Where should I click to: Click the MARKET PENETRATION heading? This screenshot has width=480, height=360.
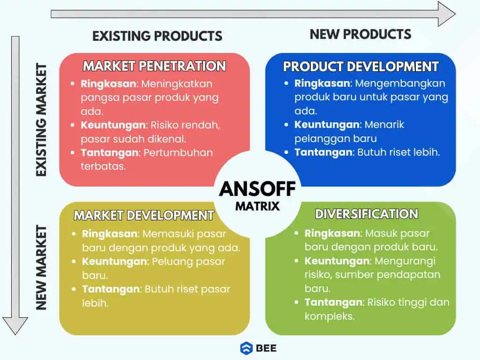tap(154, 66)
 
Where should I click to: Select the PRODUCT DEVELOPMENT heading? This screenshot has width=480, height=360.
tap(360, 67)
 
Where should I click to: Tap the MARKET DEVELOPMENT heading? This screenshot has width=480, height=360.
tap(143, 215)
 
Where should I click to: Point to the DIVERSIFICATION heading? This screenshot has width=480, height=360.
tap(366, 214)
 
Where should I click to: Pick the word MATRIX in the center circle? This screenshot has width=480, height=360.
tap(257, 205)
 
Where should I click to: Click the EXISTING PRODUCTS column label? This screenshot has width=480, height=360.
tap(157, 36)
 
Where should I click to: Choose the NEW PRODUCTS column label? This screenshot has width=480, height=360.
tap(360, 34)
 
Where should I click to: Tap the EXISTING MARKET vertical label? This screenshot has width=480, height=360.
tap(42, 120)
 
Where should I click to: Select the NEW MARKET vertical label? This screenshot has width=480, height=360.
tap(42, 268)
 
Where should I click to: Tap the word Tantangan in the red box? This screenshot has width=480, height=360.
tap(110, 153)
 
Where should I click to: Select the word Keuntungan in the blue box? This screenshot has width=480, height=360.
tap(327, 125)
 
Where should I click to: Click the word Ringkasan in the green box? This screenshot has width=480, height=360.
tap(332, 233)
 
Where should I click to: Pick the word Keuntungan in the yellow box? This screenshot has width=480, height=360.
tap(114, 262)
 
